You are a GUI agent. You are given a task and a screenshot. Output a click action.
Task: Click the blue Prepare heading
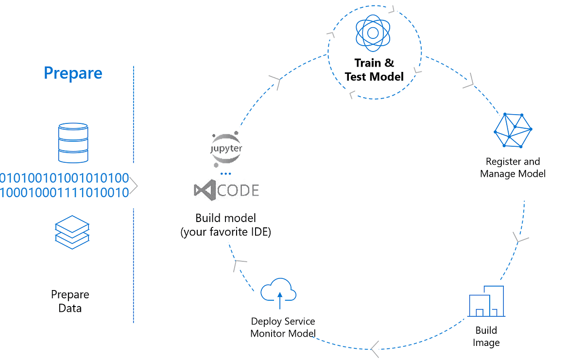coord(73,73)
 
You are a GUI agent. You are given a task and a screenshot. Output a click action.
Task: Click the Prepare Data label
coord(70,301)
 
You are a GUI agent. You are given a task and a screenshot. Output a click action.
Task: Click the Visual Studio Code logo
coord(226,190)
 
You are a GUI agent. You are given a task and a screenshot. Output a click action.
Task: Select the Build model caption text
coord(225,224)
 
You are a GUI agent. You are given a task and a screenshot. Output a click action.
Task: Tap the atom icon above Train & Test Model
coord(373,33)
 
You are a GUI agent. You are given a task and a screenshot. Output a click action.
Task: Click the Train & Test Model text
coord(374,69)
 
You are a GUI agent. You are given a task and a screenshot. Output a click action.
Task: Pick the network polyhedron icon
coord(513,130)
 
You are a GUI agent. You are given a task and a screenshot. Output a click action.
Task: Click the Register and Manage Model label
coord(513,168)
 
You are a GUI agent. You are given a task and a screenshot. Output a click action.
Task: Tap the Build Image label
coord(486,336)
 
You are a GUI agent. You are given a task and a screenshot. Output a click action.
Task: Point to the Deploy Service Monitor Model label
coord(283,327)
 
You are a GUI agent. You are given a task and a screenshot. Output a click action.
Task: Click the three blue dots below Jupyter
coord(225,173)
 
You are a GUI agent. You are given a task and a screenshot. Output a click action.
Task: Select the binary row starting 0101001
coord(65,177)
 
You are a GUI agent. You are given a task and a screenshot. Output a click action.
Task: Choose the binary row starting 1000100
coord(65,192)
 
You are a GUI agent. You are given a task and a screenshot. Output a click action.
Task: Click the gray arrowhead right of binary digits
coord(134,186)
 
